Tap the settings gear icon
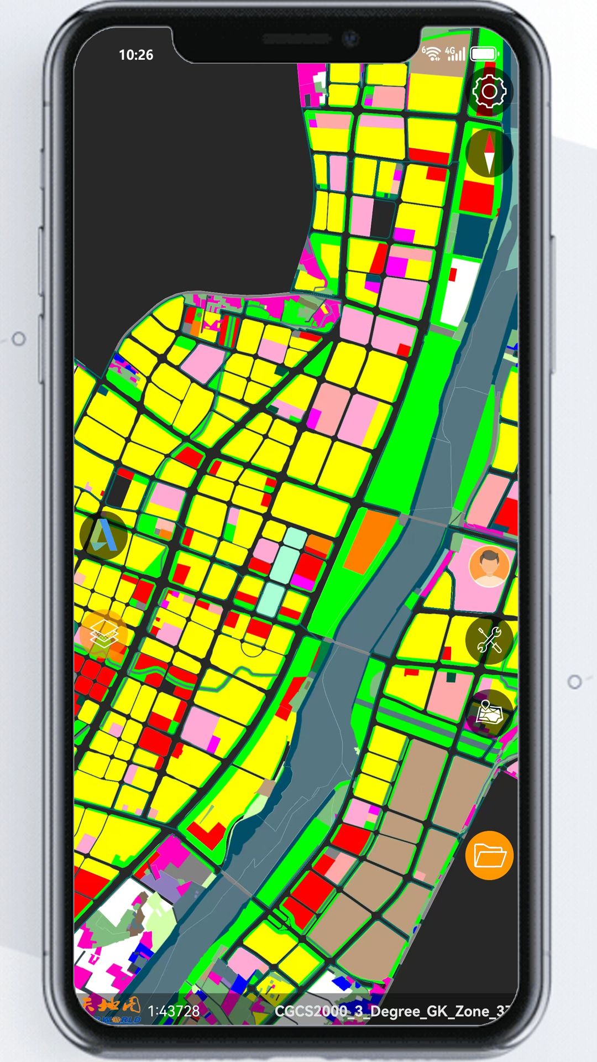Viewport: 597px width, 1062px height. (489, 91)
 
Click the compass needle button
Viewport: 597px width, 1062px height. (489, 153)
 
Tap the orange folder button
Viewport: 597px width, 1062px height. (489, 855)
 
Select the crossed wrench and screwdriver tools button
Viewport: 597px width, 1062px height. (489, 639)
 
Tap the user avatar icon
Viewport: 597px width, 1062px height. (489, 566)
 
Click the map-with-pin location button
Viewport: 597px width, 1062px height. (489, 713)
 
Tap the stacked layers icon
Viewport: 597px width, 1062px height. (103, 634)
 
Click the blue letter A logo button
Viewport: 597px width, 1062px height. (103, 535)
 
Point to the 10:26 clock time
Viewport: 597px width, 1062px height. (136, 55)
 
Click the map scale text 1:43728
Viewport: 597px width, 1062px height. (174, 1011)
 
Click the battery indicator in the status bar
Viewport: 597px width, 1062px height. (484, 54)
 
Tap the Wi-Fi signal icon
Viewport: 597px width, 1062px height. (432, 53)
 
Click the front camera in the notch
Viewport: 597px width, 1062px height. (350, 39)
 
